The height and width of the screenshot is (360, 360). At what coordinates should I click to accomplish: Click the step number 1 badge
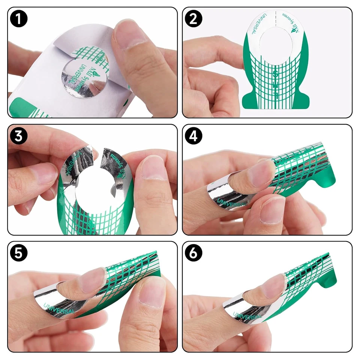point(19,19)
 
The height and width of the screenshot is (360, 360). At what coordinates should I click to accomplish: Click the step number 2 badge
point(194,19)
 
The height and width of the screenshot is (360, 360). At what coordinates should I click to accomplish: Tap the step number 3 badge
point(19,136)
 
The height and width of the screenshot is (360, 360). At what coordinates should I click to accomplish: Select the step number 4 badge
point(194,136)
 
